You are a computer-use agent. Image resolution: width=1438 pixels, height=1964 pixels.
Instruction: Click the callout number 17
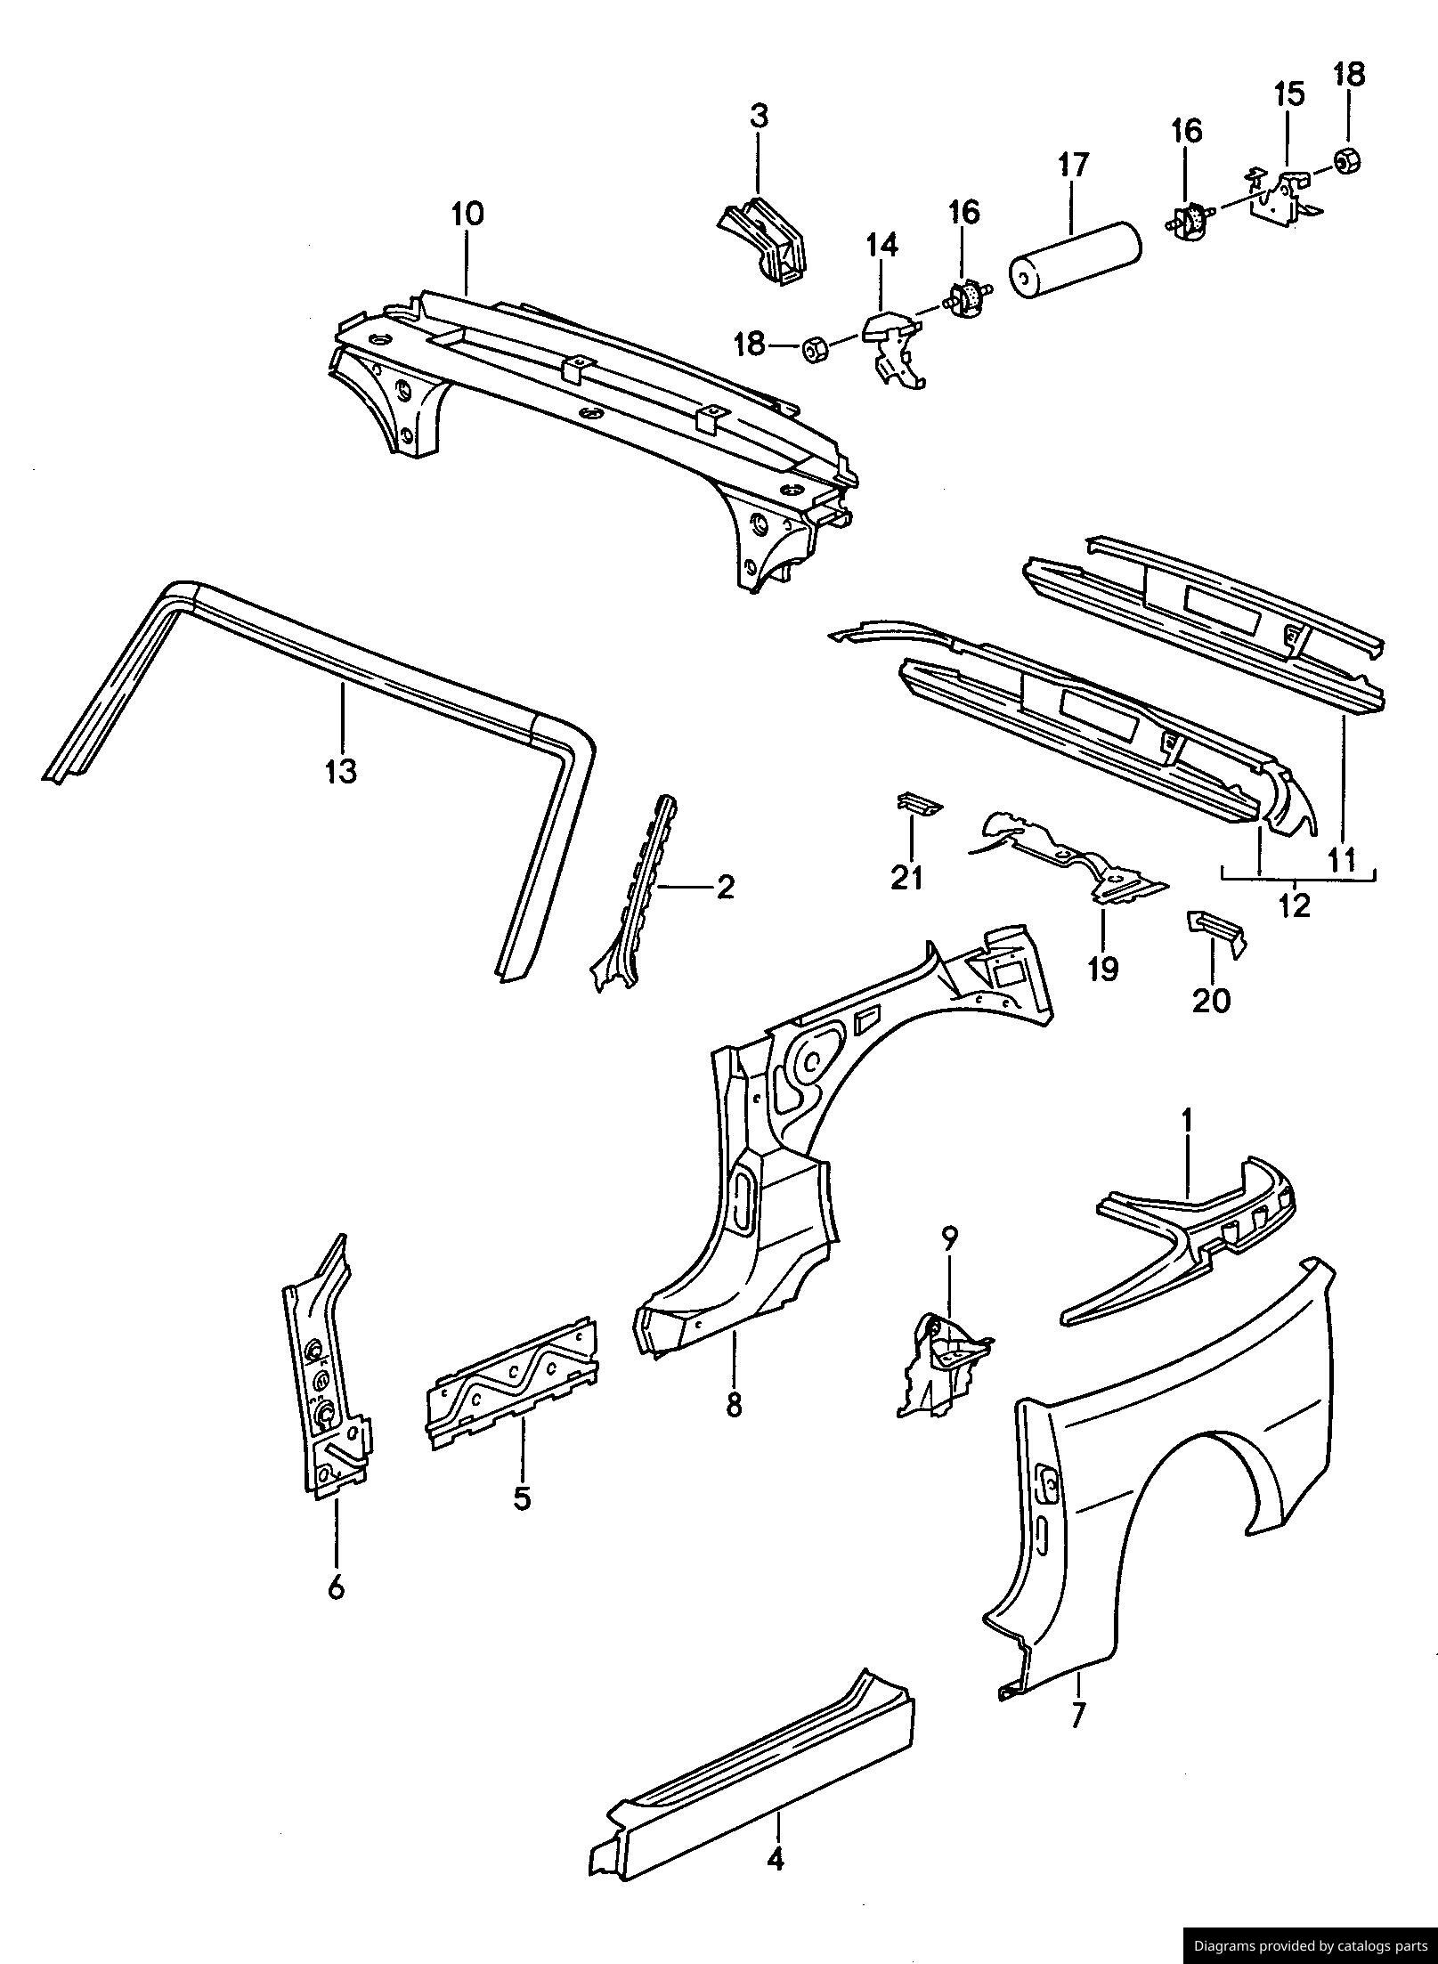(1074, 166)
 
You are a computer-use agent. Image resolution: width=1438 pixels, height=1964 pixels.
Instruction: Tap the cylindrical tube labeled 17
(1075, 258)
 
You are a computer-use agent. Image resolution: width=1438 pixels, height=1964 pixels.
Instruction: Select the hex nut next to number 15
(1347, 160)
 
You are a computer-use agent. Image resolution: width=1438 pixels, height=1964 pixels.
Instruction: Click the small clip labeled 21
(917, 803)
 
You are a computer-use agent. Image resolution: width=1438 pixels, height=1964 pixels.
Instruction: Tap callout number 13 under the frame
(341, 769)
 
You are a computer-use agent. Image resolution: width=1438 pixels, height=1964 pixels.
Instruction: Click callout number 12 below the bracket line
(1295, 905)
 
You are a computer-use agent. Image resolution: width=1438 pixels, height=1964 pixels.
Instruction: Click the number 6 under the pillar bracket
(336, 1587)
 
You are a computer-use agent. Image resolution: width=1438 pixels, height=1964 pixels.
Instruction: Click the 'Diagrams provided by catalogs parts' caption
(1310, 1945)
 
